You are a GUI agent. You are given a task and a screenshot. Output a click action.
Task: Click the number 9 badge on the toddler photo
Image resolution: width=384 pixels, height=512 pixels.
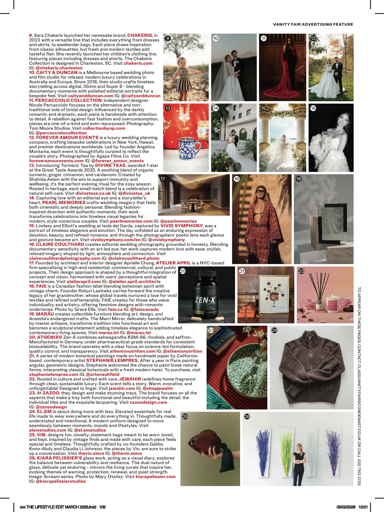(168, 38)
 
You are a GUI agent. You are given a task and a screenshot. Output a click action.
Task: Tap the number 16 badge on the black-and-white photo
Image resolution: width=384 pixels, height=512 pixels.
(313, 108)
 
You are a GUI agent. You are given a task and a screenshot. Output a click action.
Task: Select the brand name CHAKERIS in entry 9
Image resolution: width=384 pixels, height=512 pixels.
(140, 35)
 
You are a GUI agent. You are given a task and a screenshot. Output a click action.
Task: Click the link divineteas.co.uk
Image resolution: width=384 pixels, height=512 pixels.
(93, 193)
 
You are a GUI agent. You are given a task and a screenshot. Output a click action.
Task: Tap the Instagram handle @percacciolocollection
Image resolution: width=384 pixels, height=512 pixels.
(61, 133)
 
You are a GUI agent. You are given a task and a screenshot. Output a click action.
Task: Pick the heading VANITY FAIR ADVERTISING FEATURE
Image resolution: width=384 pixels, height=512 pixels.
(313, 25)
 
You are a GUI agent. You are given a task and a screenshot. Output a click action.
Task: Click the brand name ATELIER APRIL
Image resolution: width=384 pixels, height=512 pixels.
(173, 263)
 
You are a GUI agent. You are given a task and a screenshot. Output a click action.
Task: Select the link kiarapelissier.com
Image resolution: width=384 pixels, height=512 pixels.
(155, 477)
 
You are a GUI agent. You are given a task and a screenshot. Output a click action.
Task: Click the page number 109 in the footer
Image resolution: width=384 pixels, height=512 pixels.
(102, 507)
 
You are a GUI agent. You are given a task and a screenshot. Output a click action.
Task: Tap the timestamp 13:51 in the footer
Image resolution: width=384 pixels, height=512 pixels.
(363, 507)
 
